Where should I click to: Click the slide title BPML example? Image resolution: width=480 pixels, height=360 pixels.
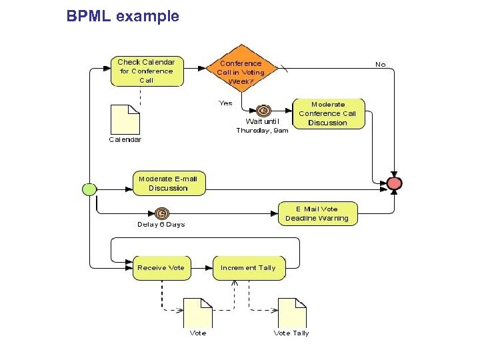[x=123, y=16]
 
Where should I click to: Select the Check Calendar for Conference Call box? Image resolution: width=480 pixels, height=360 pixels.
[x=146, y=71]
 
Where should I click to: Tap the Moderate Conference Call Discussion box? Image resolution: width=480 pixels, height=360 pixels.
[x=328, y=113]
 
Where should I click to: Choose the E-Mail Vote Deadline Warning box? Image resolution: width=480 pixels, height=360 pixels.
[x=317, y=214]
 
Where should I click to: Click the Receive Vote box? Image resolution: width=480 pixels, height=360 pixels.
[x=161, y=267]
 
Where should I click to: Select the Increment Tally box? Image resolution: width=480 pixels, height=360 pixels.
[x=247, y=267]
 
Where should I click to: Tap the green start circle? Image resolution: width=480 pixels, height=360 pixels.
[x=89, y=189]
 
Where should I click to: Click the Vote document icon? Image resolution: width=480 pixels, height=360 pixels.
[x=198, y=312]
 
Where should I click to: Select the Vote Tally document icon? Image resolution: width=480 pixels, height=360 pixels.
[x=292, y=312]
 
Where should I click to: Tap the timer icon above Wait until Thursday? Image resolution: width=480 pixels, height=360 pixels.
[x=263, y=111]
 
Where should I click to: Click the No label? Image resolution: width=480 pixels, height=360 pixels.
[x=380, y=65]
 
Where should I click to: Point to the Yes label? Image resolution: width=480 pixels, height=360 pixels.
[x=226, y=103]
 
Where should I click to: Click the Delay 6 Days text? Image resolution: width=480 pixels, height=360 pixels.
[x=161, y=225]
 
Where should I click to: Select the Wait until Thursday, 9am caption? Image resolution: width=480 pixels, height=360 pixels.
[x=262, y=126]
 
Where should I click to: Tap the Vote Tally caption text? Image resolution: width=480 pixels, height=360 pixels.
[x=291, y=333]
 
